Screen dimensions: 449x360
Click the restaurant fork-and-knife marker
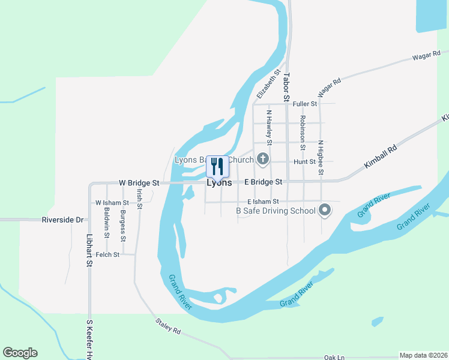(217, 167)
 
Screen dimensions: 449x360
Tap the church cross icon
(262, 159)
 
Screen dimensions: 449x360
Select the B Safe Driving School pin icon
(325, 210)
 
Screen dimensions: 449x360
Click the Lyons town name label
(219, 183)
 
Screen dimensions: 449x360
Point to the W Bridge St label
(139, 182)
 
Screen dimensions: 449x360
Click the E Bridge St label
(262, 181)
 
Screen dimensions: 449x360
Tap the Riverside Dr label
(62, 220)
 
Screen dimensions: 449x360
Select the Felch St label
(107, 254)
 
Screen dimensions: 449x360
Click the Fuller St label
(304, 104)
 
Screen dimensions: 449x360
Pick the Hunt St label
(305, 162)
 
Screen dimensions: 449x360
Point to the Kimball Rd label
(381, 157)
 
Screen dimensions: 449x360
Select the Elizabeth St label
(268, 84)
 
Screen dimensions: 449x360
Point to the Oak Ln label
(334, 357)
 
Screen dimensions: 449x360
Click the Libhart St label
(89, 250)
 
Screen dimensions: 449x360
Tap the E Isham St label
(263, 202)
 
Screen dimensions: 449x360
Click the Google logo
(20, 353)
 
